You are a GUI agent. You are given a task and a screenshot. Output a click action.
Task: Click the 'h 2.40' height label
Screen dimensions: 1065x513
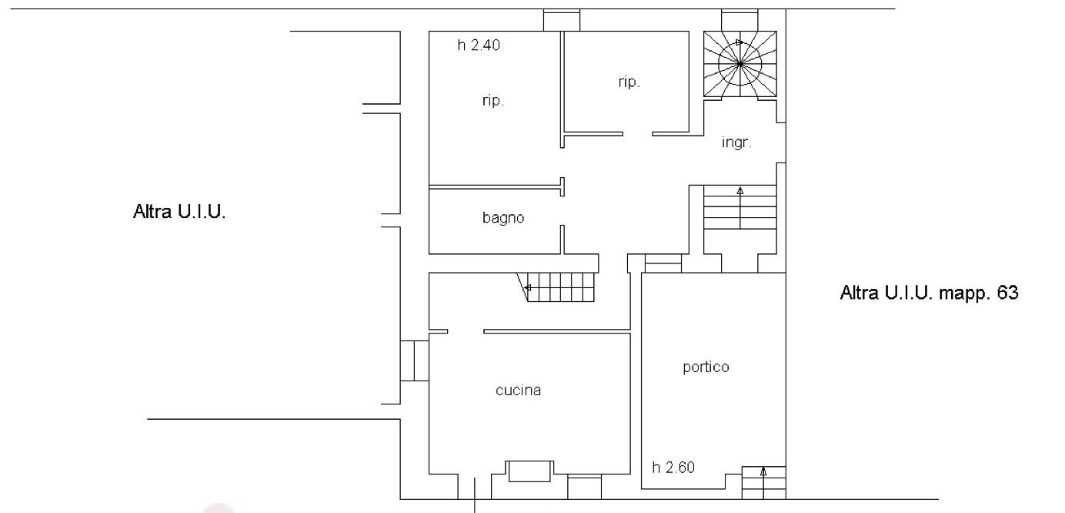[479, 45]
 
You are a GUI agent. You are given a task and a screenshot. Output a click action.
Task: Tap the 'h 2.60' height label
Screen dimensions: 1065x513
[673, 468]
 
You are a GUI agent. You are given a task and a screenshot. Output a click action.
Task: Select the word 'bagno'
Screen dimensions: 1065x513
[503, 218]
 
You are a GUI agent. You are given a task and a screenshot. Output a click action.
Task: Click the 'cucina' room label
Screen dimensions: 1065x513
[518, 391]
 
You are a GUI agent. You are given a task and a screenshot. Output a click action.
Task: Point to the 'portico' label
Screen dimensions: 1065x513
[706, 367]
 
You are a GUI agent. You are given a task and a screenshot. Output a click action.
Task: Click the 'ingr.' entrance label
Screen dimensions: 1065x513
[736, 142]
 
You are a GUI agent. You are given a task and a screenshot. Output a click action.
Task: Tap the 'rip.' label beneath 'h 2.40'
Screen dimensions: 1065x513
[493, 101]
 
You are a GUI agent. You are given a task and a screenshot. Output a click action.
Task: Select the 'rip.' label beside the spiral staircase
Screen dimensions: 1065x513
[629, 82]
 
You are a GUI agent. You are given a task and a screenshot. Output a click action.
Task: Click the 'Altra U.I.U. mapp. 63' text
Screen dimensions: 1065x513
[929, 293]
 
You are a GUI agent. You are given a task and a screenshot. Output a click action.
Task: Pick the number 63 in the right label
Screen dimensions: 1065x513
[1007, 292]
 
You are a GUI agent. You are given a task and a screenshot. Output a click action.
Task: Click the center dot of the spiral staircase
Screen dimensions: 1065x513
[740, 64]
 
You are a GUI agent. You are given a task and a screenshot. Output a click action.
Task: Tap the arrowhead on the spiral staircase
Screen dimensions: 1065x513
[739, 42]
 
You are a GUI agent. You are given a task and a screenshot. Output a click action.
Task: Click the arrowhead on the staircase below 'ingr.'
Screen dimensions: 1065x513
[740, 191]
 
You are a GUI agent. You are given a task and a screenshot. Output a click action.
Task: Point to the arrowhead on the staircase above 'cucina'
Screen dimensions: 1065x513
[527, 288]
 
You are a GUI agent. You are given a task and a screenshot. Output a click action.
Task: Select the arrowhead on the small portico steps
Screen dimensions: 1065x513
[763, 472]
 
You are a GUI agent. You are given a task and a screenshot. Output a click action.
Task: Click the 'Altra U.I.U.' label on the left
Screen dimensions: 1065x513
[179, 212]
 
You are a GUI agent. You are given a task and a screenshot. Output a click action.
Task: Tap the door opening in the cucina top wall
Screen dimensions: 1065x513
[466, 331]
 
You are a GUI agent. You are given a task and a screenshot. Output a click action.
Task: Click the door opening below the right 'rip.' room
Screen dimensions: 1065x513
[638, 134]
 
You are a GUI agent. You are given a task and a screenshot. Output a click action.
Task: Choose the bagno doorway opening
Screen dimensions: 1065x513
[562, 210]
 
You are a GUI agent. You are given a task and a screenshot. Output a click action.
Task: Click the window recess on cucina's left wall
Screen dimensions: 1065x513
[415, 360]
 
